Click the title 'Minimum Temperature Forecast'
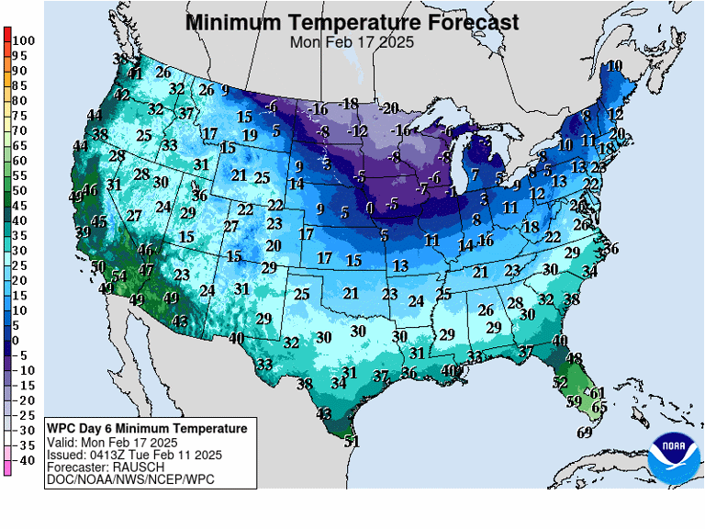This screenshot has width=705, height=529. (352, 22)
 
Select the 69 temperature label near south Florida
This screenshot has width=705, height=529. (584, 433)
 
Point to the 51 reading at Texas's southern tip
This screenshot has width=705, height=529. (352, 441)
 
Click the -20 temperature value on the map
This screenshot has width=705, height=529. (389, 108)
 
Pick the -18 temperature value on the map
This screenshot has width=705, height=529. (348, 103)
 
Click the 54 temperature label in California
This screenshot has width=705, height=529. (118, 276)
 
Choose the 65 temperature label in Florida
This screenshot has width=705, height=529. (599, 407)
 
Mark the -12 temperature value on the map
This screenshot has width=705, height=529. (358, 131)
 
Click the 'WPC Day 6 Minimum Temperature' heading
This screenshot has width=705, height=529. (147, 429)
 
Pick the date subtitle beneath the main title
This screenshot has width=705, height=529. (352, 42)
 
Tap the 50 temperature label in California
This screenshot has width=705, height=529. (99, 266)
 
